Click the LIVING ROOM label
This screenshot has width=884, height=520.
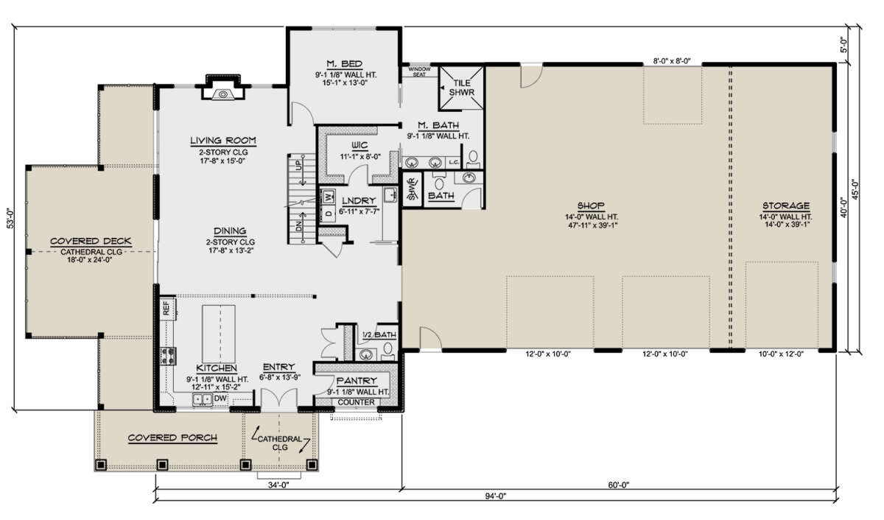pyautogui.click(x=223, y=141)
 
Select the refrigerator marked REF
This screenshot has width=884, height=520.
pyautogui.click(x=167, y=308)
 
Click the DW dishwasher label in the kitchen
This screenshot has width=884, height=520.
pyautogui.click(x=220, y=398)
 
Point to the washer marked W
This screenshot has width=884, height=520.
pyautogui.click(x=329, y=196)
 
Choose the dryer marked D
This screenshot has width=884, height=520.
pyautogui.click(x=329, y=214)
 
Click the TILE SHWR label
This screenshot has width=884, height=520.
pyautogui.click(x=462, y=88)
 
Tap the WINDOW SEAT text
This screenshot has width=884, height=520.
pyautogui.click(x=419, y=71)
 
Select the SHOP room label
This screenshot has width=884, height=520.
pyautogui.click(x=591, y=205)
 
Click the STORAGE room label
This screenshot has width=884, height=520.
pyautogui.click(x=786, y=205)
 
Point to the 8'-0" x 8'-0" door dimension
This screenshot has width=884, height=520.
pyautogui.click(x=672, y=61)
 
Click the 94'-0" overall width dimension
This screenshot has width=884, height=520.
pyautogui.click(x=495, y=496)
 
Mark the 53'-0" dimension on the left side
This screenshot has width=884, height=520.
pyautogui.click(x=10, y=218)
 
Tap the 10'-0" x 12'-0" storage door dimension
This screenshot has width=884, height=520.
pyautogui.click(x=781, y=354)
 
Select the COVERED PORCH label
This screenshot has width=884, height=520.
pyautogui.click(x=172, y=438)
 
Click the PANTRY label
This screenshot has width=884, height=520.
pyautogui.click(x=357, y=381)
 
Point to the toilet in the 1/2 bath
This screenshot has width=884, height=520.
pyautogui.click(x=388, y=351)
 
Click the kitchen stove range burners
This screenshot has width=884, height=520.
pyautogui.click(x=169, y=356)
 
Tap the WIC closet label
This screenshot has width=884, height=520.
pyautogui.click(x=359, y=146)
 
